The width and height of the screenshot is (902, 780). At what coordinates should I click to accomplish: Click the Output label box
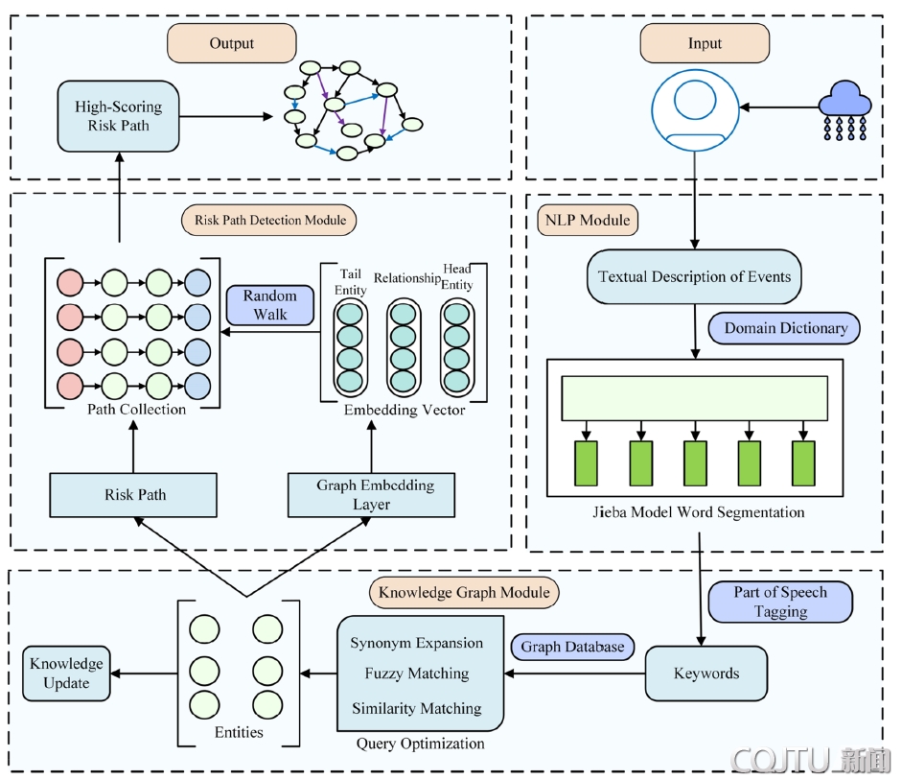(232, 43)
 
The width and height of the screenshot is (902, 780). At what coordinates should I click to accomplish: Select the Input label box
(705, 43)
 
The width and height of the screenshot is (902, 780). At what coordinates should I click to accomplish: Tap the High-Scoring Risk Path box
(119, 116)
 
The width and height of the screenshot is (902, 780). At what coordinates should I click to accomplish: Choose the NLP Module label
(584, 220)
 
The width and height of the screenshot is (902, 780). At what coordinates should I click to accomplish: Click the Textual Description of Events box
(693, 277)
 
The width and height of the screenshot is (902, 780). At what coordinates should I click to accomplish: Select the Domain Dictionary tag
(785, 328)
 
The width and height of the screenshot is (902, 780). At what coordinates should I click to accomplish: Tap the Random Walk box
(270, 305)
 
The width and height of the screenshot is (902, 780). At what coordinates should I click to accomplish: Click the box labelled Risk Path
(135, 495)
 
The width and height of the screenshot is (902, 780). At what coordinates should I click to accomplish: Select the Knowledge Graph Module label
(464, 592)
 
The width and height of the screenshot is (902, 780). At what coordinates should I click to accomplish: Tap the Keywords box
(706, 673)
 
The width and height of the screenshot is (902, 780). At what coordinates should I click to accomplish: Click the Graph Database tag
(572, 647)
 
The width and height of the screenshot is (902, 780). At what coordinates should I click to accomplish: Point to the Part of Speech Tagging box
(780, 602)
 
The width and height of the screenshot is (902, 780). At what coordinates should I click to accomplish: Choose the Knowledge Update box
(66, 674)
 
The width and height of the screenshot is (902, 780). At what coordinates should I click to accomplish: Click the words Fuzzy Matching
(417, 674)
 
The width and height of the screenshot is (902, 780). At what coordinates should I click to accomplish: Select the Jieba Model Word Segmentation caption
(697, 512)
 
